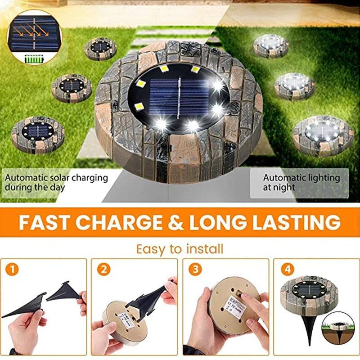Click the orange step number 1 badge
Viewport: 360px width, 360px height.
point(13,270)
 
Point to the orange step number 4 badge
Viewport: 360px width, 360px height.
point(286,270)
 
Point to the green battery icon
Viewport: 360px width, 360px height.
point(33,58)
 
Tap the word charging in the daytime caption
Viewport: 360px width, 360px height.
point(88,178)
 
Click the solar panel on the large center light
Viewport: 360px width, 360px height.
point(179,97)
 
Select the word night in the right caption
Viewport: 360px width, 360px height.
point(284,187)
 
